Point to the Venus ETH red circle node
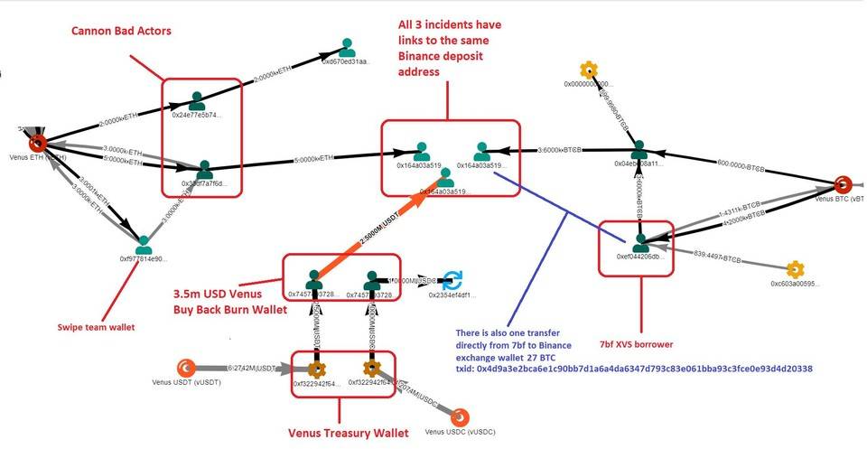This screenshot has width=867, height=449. click(37, 143)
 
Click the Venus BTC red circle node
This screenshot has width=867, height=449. click(843, 185)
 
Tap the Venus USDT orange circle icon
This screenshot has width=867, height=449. click(185, 368)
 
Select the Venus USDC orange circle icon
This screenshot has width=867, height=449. click(460, 416)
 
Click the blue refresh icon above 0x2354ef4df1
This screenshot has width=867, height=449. click(452, 279)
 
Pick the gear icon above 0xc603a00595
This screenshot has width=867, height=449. click(795, 269)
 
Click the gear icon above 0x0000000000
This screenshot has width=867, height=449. click(589, 70)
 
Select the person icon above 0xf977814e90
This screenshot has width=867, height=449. click(144, 244)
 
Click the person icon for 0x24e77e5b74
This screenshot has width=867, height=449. click(197, 100)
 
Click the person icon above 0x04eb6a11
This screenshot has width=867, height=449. click(639, 150)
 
